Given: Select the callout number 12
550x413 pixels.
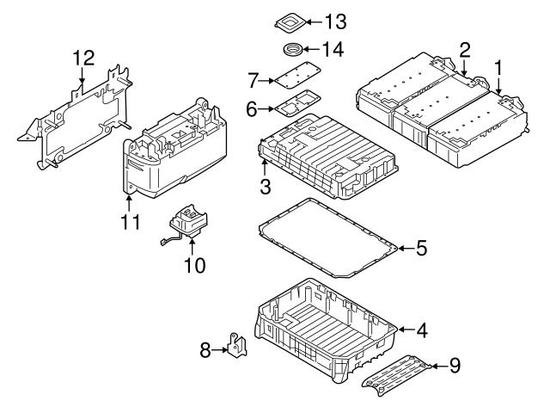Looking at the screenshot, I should click(82, 59).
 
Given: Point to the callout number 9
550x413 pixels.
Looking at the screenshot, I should click(454, 366).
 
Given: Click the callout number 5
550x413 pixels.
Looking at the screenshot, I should click(420, 249).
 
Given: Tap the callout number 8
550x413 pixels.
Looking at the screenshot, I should click(205, 349).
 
